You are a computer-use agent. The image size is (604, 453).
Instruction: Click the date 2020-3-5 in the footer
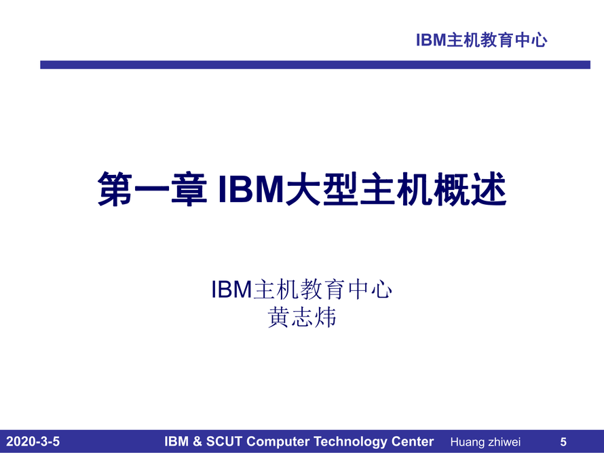coord(33,441)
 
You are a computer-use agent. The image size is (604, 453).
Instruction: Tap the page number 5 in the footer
coord(563,442)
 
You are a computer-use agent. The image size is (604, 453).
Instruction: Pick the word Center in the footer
coord(413,441)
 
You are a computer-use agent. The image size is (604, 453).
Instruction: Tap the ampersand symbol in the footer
coord(197,441)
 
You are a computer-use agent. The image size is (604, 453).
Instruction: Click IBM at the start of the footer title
coord(176,441)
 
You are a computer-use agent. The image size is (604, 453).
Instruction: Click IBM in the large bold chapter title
coord(251,189)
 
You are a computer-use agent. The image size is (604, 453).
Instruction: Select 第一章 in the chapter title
coord(152,189)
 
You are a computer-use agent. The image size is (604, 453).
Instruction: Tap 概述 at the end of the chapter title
coord(470,189)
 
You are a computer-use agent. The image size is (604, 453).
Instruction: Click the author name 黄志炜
coord(302,317)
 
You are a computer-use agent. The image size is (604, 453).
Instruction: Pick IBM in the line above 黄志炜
coord(231,290)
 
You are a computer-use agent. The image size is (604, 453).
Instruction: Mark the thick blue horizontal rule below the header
coord(315,64)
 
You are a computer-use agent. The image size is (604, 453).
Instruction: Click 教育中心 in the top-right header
coord(514,40)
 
